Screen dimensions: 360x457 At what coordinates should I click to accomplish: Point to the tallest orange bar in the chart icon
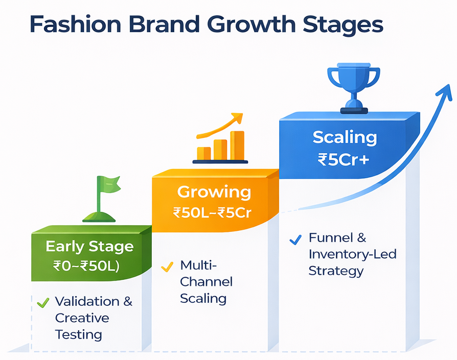pyautogui.click(x=237, y=145)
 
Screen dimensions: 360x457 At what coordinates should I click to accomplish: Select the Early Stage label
pyautogui.click(x=89, y=246)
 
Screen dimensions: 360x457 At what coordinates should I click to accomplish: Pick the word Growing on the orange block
pyautogui.click(x=214, y=192)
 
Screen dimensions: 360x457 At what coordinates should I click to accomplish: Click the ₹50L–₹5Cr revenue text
pyautogui.click(x=212, y=212)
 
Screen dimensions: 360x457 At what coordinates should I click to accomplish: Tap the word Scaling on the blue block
pyautogui.click(x=345, y=137)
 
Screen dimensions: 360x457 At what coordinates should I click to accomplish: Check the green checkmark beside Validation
pyautogui.click(x=43, y=303)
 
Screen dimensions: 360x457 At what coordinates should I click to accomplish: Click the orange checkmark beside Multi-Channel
pyautogui.click(x=167, y=267)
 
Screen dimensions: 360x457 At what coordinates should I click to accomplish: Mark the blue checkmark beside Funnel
pyautogui.click(x=295, y=239)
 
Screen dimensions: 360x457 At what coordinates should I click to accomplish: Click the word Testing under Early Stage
pyautogui.click(x=78, y=335)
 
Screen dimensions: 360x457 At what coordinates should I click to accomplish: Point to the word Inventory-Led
pyautogui.click(x=352, y=254)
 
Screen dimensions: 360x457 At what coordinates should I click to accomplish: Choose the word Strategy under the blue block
pyautogui.click(x=335, y=271)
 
